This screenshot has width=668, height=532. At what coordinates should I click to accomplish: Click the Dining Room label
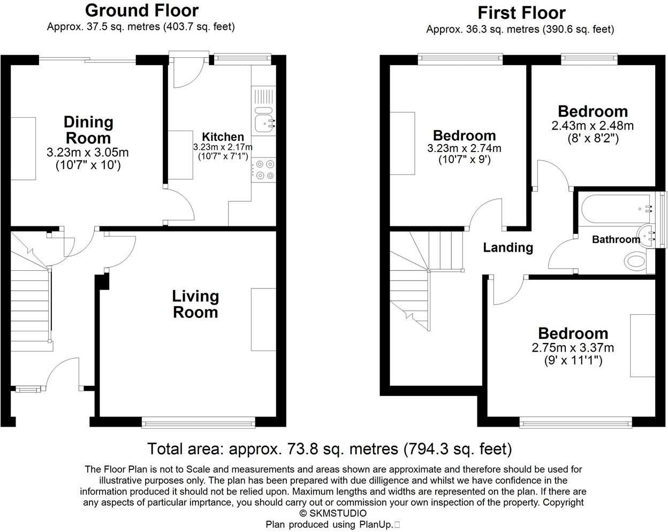pos(88,130)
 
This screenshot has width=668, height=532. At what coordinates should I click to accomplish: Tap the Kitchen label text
pos(223,137)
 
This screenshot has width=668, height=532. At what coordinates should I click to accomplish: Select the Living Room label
pos(195,304)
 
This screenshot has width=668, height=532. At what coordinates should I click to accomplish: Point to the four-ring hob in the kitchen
pos(264,170)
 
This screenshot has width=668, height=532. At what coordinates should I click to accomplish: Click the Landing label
pos(508,247)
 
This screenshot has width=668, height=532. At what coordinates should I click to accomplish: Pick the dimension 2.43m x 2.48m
pos(593,126)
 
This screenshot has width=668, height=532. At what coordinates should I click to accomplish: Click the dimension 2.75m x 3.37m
pos(573,348)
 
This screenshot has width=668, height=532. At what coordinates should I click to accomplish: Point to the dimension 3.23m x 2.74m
pos(464,148)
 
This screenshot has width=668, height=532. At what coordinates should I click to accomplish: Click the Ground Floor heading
pos(141,10)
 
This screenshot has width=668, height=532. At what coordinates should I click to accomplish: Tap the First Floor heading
pos(521,12)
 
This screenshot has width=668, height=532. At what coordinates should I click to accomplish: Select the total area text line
pos(330,449)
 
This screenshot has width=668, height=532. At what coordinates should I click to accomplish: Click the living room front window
pos(199,424)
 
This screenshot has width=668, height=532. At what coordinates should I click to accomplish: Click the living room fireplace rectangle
pos(263,320)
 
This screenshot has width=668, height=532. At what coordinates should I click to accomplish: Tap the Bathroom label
pos(616,239)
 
